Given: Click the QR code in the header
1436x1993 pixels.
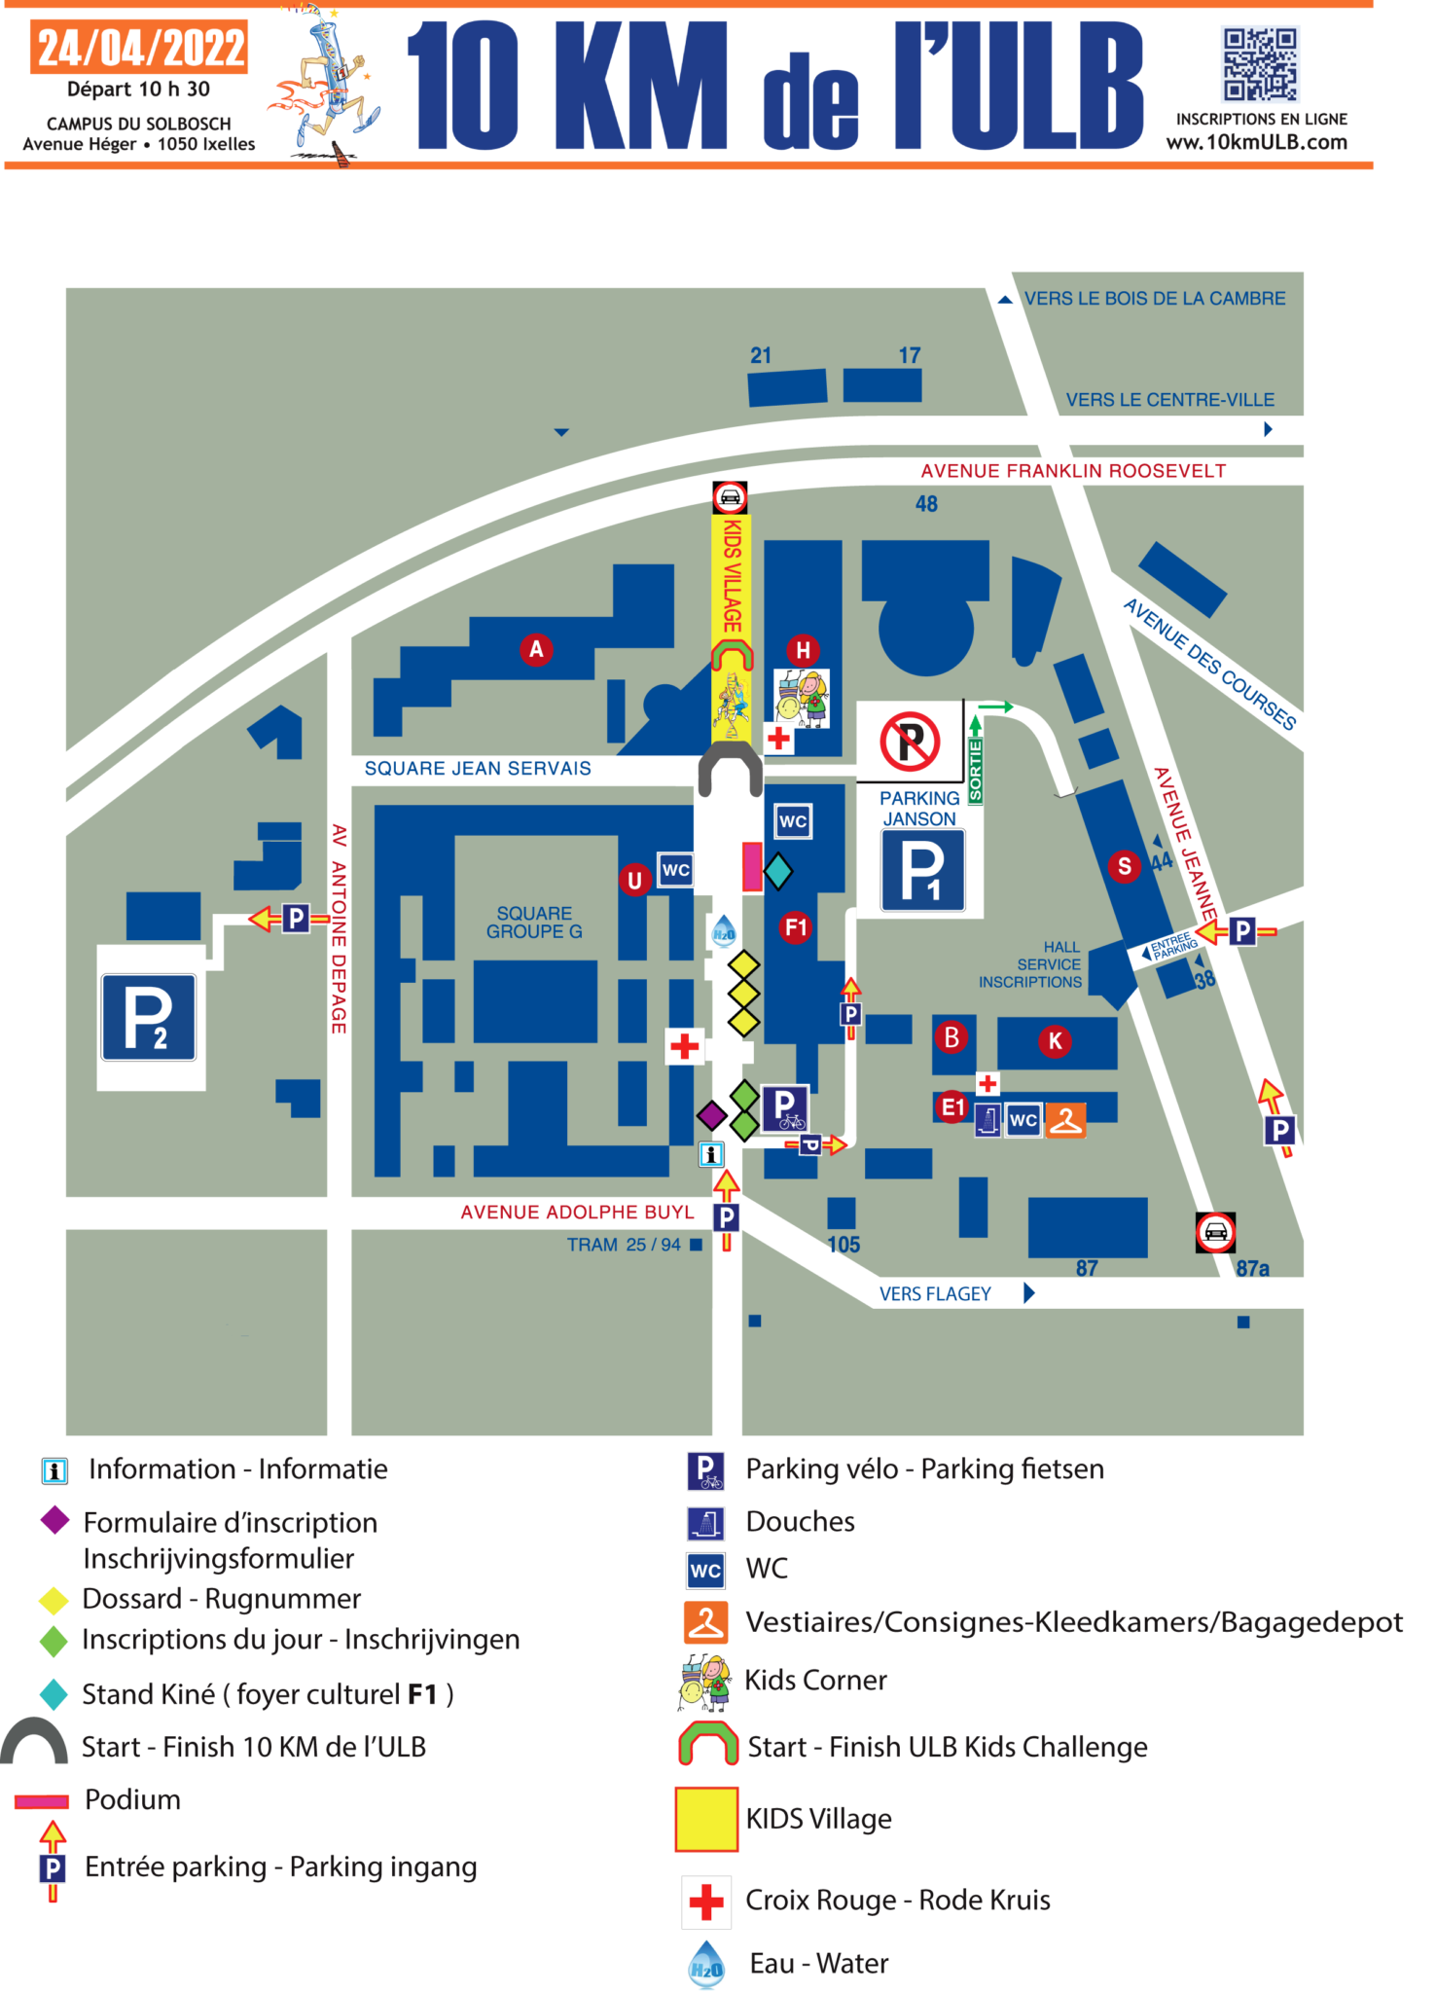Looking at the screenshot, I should [1260, 64].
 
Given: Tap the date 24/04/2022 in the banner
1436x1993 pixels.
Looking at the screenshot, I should [142, 49].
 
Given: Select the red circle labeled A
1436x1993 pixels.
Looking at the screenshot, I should [536, 649].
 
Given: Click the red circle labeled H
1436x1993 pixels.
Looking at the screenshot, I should [803, 650].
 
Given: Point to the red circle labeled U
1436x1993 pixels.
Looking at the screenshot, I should [634, 880].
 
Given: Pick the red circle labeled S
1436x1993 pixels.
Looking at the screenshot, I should [1125, 865].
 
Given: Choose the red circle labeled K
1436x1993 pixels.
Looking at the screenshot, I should [1056, 1041].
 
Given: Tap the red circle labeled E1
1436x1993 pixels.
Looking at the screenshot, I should [952, 1106].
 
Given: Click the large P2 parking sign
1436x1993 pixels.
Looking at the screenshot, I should [149, 1017].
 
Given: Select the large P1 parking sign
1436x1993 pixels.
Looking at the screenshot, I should [922, 870].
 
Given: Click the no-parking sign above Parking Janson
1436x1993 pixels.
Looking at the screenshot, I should [910, 741].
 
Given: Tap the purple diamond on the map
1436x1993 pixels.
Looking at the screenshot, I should [711, 1114].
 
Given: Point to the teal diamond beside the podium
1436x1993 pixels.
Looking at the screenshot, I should [777, 871].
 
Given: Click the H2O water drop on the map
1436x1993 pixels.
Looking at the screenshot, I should [724, 931].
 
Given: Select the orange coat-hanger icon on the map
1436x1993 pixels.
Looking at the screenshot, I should [1065, 1120].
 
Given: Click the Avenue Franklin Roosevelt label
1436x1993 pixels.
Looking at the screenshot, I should [1073, 471].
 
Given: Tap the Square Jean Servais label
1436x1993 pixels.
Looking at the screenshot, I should [478, 769].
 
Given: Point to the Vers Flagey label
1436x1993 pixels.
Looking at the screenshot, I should [935, 1294].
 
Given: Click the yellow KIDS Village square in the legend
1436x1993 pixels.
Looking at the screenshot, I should [706, 1819].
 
